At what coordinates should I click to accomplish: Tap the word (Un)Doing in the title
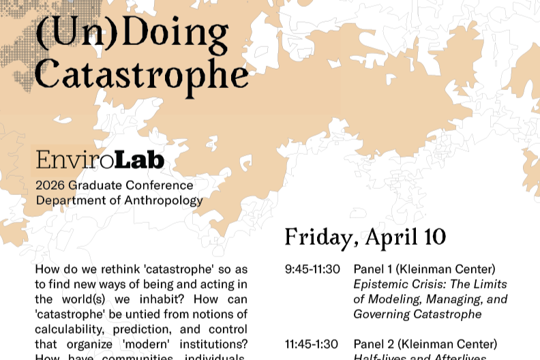coord(132,31)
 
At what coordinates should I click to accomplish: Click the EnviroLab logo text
coord(100,160)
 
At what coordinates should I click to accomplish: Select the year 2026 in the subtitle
coord(50,185)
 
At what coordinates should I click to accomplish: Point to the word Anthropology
coord(168,201)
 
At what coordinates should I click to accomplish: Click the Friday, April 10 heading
coord(365,237)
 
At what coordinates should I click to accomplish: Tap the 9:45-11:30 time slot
coord(312,269)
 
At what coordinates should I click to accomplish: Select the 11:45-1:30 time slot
coord(312,344)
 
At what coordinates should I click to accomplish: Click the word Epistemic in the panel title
coord(379,284)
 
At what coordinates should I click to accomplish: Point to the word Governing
coord(382,314)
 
